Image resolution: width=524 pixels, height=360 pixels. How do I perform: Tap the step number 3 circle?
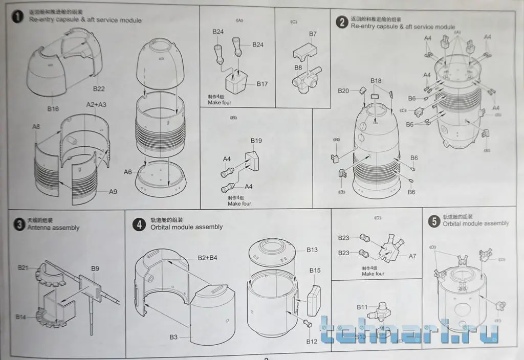18,224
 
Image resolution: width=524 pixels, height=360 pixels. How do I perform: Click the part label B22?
99,89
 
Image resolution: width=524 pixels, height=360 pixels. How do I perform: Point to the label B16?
53,108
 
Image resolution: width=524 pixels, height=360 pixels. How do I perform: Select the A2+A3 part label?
96,105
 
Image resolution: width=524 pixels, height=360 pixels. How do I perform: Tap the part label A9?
113,192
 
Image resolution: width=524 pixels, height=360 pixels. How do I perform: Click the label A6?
128,172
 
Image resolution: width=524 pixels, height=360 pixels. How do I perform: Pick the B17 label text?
263,83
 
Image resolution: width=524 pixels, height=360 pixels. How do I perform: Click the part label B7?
313,34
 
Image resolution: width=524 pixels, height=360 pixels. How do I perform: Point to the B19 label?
256,141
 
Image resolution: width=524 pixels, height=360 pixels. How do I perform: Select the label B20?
343,91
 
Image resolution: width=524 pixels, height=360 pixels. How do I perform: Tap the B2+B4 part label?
207,258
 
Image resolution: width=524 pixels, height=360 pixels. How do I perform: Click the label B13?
312,250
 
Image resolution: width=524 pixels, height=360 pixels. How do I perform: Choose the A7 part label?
412,256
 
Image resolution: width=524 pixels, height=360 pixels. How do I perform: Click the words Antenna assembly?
53,228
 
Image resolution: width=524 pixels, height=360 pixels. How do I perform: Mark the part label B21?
23,267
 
